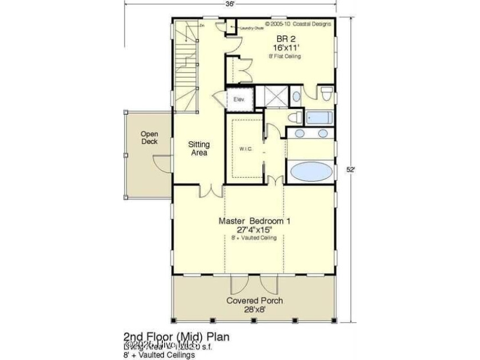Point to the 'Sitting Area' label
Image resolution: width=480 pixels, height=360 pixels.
coord(198,149)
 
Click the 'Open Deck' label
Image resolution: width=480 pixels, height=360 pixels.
coord(149,138)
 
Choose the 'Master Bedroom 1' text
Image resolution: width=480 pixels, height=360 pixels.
coord(254,221)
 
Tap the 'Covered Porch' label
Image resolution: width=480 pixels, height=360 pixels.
coord(254,301)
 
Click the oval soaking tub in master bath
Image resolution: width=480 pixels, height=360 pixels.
coord(311,172)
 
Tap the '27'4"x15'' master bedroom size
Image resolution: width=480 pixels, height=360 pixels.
coord(254,230)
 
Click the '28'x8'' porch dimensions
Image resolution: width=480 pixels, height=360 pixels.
coord(254,310)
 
